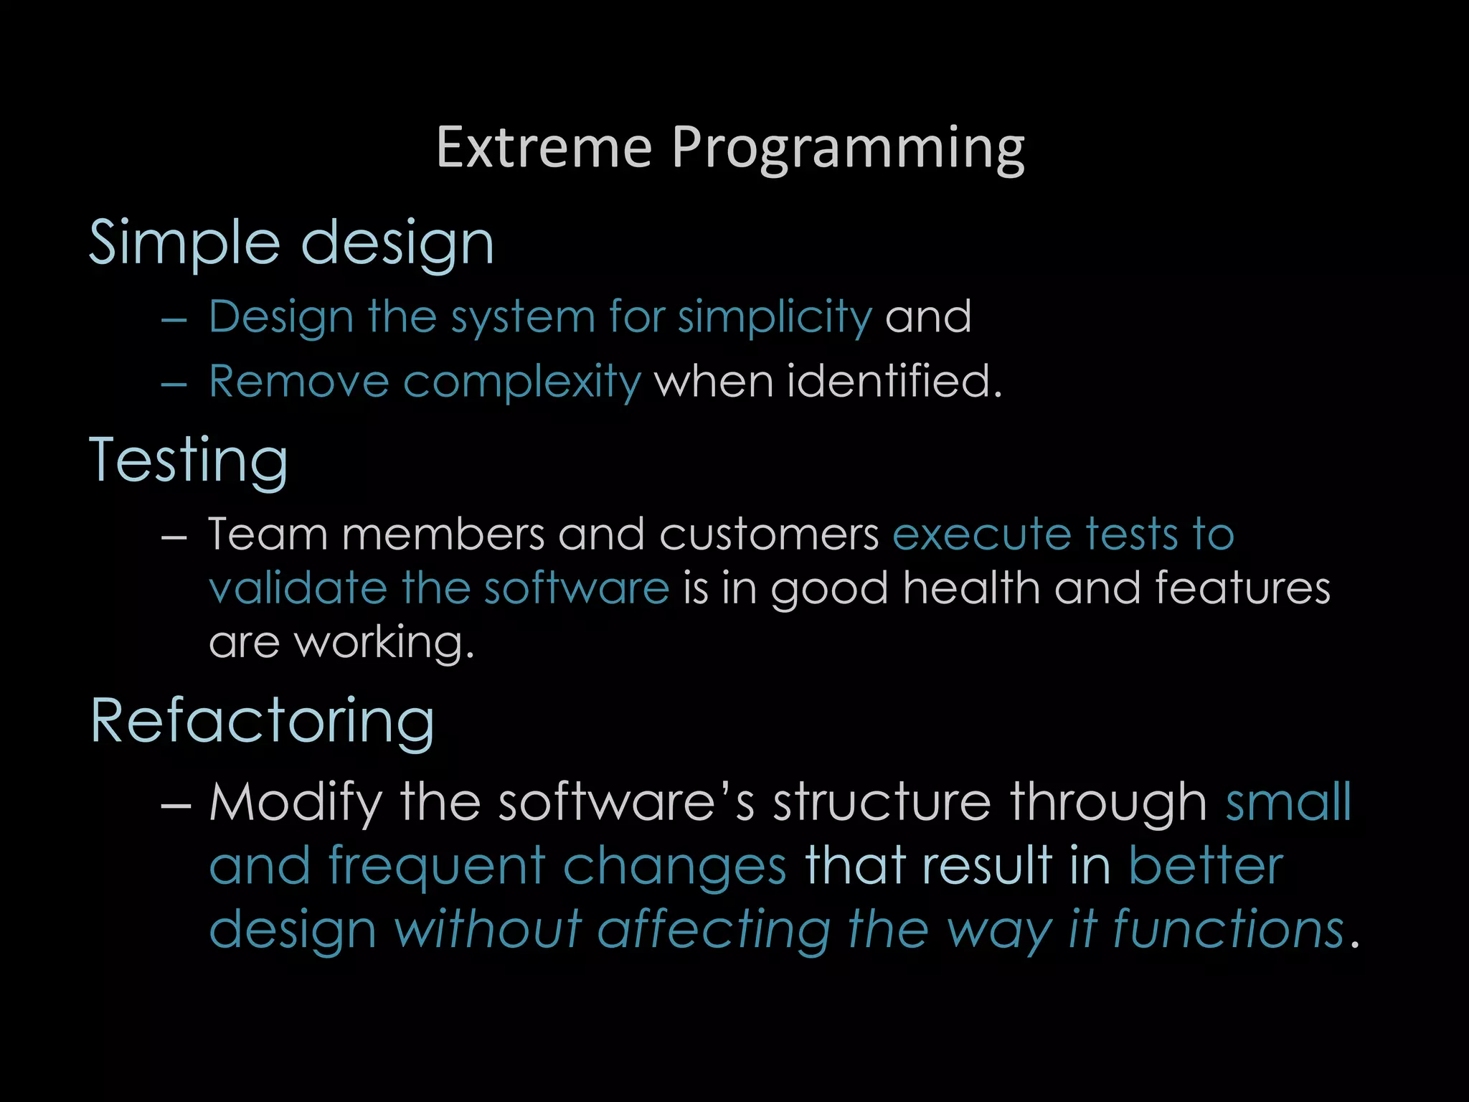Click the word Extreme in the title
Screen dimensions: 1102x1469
(x=544, y=148)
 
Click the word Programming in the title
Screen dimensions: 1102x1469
(x=848, y=149)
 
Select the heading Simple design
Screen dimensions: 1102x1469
(x=291, y=244)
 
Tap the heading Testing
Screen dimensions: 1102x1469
(x=189, y=461)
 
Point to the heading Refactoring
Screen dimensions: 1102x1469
(x=263, y=722)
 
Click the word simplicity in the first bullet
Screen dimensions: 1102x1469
(x=775, y=317)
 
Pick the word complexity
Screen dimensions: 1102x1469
(x=521, y=382)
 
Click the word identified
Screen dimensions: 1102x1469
(x=894, y=381)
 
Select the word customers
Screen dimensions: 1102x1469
(x=769, y=535)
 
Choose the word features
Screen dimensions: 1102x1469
(x=1242, y=589)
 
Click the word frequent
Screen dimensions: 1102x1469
(x=438, y=867)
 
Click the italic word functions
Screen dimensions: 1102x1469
(x=1228, y=929)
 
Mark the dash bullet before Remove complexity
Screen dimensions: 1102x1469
(x=174, y=385)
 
